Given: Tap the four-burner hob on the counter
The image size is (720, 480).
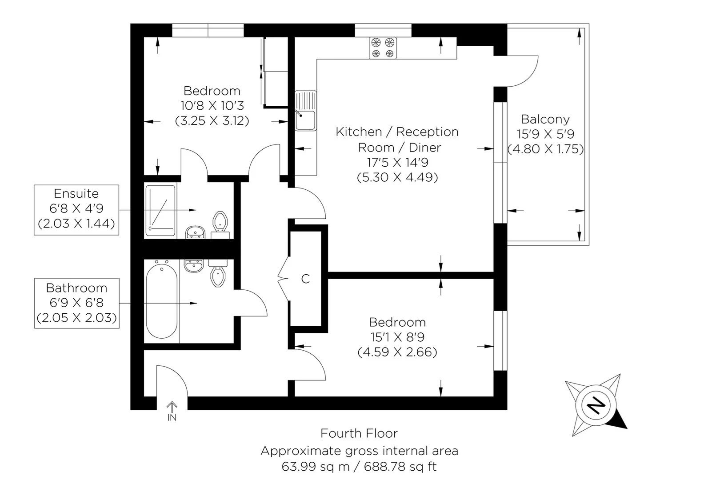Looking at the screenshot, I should coord(383,48).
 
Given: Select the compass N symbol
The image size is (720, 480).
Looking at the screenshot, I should coord(596,405).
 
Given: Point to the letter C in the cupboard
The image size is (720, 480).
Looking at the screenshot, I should coord(305,279).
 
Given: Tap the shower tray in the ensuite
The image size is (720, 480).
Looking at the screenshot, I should coord(160,210).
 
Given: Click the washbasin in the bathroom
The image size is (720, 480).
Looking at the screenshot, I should coord(194,266).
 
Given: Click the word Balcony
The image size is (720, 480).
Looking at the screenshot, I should coord(545,119).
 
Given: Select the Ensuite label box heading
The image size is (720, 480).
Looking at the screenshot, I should coord(76,194).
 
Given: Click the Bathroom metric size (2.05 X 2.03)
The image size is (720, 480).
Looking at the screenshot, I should coord(76,318).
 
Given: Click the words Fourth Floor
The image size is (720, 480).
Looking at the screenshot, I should coord(359,433).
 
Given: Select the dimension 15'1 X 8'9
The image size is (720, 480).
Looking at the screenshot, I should coord(397,337).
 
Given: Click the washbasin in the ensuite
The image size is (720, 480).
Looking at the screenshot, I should coord(195,232).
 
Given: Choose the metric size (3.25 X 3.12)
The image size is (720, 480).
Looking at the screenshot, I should coord(212,120).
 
